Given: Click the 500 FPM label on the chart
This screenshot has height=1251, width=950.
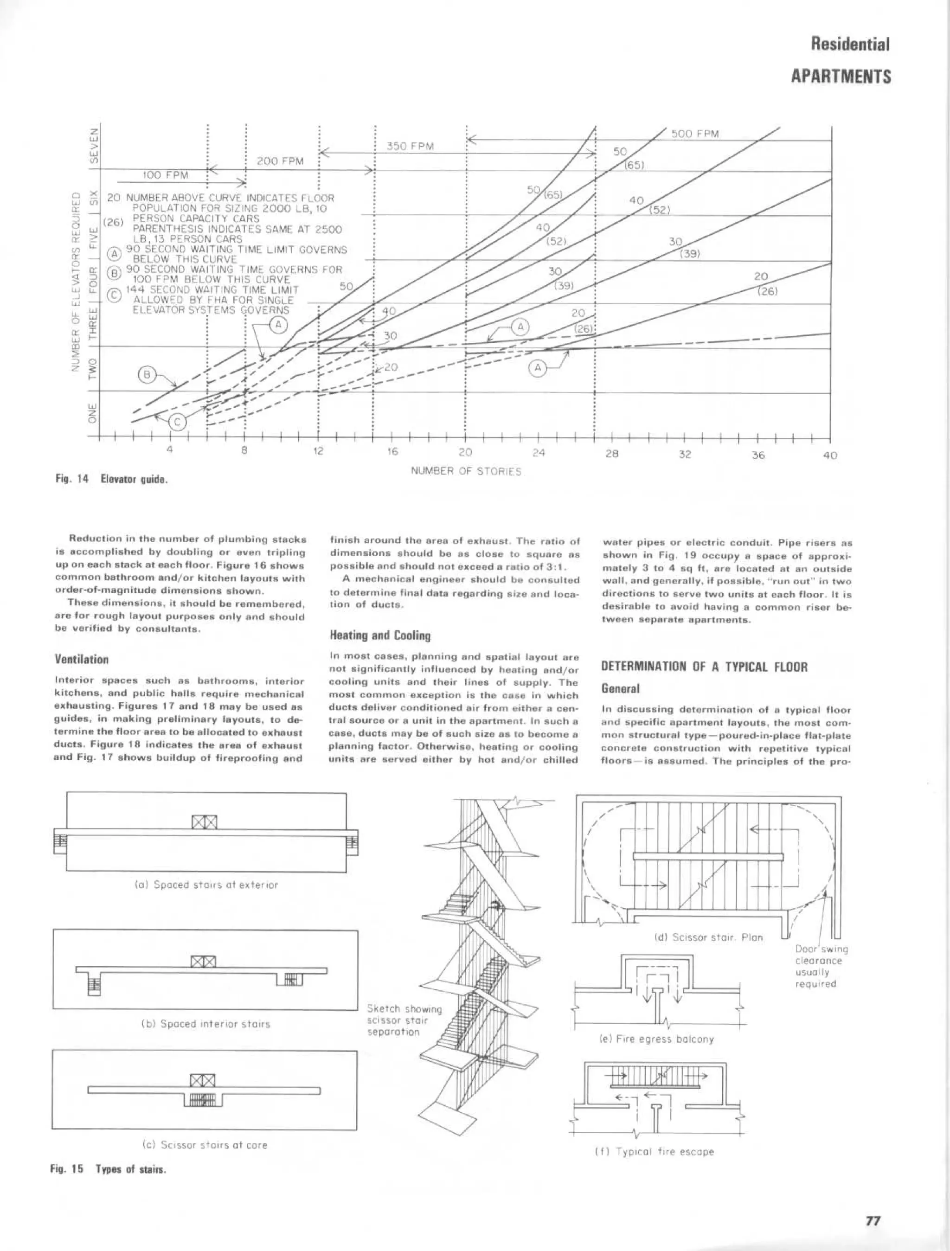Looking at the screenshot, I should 694,134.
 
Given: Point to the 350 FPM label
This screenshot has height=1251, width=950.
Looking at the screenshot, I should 410,147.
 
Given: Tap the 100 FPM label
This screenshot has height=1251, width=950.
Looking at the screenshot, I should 165,175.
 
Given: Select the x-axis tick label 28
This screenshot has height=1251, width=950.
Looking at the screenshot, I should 611,454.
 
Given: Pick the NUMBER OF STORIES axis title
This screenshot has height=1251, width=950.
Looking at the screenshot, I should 466,471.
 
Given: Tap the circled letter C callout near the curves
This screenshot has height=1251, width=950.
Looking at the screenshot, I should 177,423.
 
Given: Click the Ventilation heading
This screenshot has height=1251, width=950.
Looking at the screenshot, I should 82,660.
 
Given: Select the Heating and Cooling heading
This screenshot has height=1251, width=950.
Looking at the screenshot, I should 379,635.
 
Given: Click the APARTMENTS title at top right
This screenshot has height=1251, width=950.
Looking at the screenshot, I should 841,77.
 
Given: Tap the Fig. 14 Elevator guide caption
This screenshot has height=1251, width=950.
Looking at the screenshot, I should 111,479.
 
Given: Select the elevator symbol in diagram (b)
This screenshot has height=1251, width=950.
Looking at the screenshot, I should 204,962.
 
